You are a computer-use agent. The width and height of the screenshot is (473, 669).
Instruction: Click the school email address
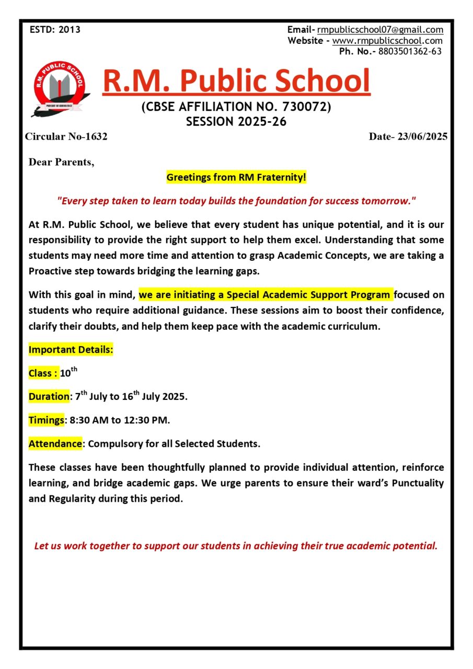[380, 30]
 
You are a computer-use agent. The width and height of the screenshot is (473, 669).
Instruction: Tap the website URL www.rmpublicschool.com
[387, 40]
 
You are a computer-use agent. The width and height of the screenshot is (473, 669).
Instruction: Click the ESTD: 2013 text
[55, 30]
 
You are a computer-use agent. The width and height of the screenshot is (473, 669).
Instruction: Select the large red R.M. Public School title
[236, 80]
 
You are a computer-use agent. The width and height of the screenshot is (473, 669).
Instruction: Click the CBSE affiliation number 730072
[306, 107]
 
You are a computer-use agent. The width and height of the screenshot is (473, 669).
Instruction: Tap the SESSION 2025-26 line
[236, 122]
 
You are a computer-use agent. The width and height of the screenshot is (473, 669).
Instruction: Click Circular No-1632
[66, 137]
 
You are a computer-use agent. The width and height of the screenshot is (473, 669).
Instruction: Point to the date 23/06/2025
[422, 137]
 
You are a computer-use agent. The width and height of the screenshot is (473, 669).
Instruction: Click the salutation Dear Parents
[61, 162]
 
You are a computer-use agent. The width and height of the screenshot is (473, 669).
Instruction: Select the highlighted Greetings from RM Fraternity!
[236, 178]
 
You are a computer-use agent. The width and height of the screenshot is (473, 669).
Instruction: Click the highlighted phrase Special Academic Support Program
[308, 294]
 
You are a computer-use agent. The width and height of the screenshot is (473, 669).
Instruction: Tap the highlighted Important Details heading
[71, 350]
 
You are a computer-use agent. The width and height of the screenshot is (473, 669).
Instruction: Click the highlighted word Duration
[49, 397]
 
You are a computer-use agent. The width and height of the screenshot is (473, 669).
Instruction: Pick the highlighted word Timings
[46, 420]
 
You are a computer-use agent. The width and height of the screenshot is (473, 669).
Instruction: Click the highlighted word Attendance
[55, 444]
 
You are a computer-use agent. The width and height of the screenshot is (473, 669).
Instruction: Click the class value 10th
[68, 373]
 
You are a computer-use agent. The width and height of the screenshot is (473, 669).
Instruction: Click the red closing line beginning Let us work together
[236, 546]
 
